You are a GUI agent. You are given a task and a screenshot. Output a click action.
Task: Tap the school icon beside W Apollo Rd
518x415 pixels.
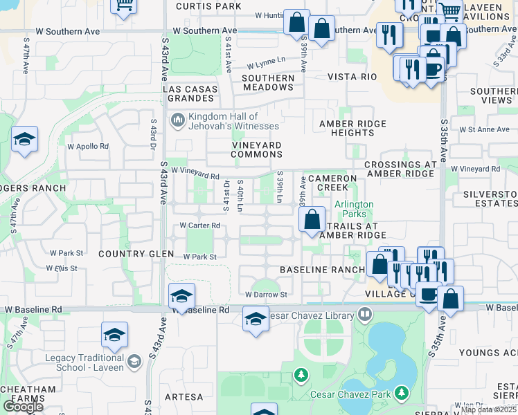24,141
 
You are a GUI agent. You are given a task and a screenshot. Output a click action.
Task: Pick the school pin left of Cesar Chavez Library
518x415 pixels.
256,320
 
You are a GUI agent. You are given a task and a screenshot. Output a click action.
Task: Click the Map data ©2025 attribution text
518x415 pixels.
489,409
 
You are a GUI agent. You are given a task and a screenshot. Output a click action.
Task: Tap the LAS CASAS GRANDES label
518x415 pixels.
190,94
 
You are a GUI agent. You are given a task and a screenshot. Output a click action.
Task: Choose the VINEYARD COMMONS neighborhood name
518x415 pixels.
256,149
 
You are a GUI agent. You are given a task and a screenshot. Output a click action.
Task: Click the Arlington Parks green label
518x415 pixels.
354,209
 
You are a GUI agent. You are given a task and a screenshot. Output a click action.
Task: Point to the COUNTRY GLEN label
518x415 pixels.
136,254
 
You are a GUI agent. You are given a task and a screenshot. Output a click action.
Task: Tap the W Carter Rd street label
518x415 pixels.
199,225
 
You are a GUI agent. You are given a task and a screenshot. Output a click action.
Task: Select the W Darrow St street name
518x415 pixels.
266,295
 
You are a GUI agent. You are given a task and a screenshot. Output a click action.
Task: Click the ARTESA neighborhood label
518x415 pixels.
185,397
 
